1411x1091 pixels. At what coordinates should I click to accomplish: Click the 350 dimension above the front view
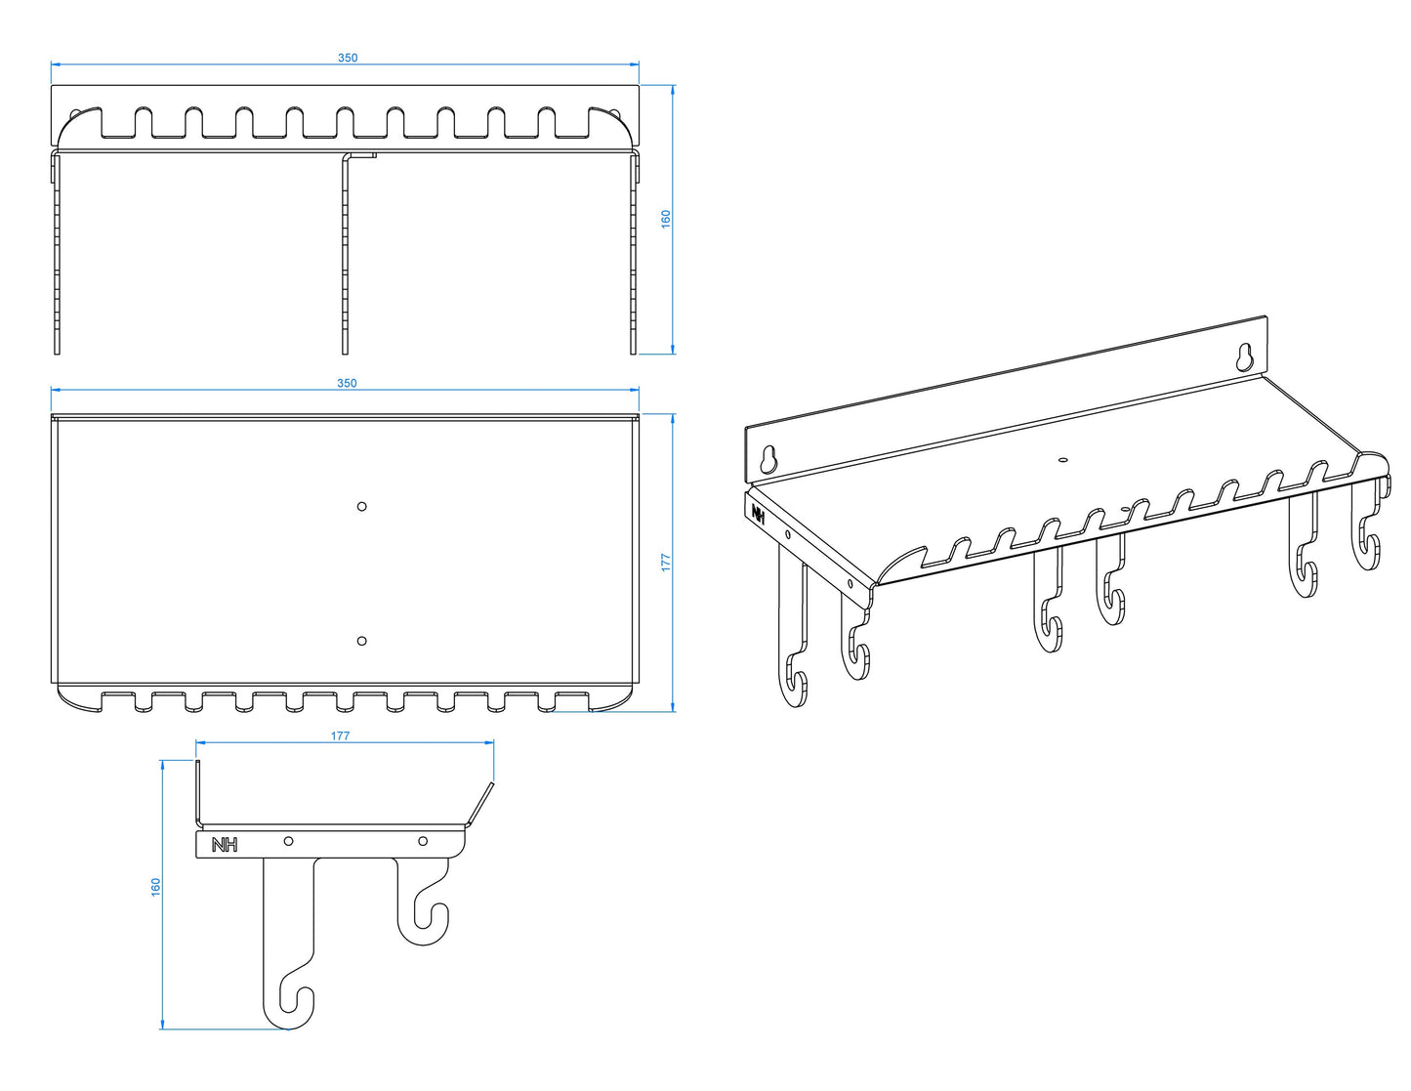click(x=348, y=58)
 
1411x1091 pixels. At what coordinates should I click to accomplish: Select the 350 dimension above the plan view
click(x=347, y=383)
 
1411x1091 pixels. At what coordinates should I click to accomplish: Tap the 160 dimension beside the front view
click(x=666, y=219)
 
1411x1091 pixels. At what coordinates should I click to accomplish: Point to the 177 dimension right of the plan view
click(x=666, y=563)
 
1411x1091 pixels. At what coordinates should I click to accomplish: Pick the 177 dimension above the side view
click(x=340, y=735)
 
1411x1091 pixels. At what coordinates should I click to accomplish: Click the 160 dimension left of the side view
click(x=156, y=887)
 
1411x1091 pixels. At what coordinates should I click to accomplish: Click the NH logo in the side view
click(x=225, y=845)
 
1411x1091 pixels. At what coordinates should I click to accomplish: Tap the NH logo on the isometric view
click(x=758, y=513)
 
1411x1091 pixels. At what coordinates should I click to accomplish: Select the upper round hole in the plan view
click(x=361, y=507)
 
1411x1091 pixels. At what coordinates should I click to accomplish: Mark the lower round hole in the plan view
click(x=361, y=641)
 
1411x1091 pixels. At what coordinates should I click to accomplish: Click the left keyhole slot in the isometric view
click(x=769, y=458)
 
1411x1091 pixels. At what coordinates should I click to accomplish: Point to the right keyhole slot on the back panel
click(x=1246, y=357)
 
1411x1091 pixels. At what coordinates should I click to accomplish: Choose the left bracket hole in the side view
click(x=288, y=841)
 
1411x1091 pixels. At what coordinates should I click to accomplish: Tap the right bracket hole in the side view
click(x=423, y=841)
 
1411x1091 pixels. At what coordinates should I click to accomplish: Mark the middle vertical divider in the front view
click(x=346, y=253)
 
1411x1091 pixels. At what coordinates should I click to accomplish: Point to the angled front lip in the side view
click(x=480, y=804)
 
